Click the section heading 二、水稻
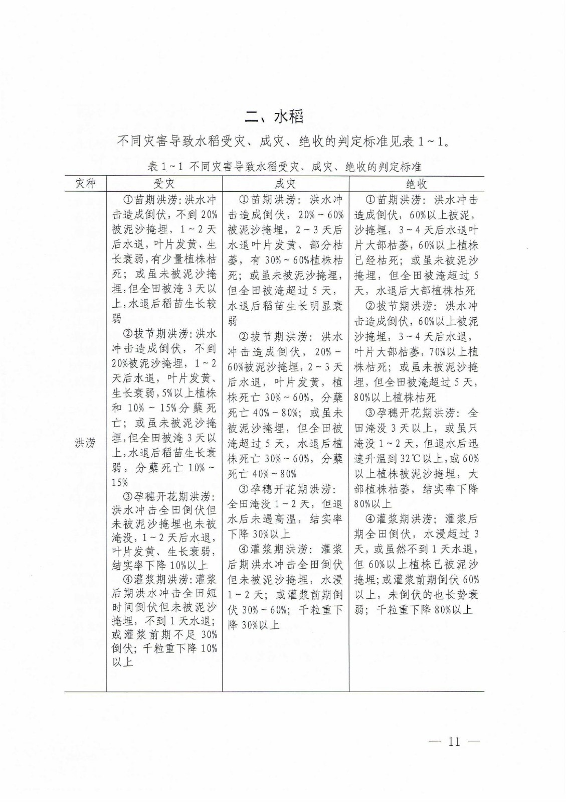click(x=274, y=117)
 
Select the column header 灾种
click(x=85, y=183)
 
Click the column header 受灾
click(x=164, y=183)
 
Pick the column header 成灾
click(x=285, y=183)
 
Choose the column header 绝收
click(x=416, y=183)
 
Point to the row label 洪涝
click(x=85, y=443)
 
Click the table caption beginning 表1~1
click(x=285, y=167)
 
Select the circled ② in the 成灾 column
click(x=244, y=337)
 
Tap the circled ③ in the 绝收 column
click(x=369, y=413)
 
